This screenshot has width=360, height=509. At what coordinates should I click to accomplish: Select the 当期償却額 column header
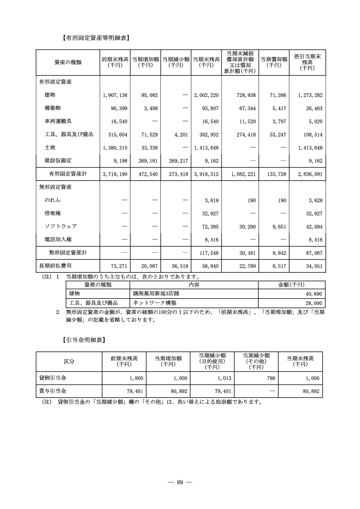274,62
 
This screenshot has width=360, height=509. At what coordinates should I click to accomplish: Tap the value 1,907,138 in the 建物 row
115,95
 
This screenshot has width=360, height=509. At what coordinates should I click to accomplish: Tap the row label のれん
52,199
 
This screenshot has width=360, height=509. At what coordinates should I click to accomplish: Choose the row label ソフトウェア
60,226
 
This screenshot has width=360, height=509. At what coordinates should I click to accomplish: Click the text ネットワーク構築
154,302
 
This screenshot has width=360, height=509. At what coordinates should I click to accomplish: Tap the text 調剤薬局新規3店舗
157,294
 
